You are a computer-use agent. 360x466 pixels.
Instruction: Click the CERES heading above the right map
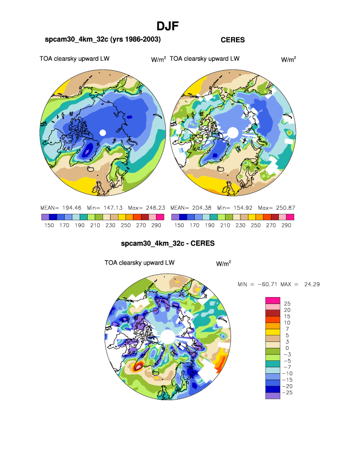tap(233, 39)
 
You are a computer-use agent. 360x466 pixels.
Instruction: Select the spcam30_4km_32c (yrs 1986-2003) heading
tap(103, 39)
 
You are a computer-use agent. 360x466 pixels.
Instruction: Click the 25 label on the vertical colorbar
tap(287, 304)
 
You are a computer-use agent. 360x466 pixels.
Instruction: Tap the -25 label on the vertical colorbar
tap(287, 393)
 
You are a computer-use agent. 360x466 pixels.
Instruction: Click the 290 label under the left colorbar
tap(156, 225)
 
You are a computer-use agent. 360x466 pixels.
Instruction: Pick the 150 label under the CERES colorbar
tap(178, 225)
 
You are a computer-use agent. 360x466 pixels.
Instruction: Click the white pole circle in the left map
tap(103, 132)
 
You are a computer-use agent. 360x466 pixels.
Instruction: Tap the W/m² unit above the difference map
tap(224, 263)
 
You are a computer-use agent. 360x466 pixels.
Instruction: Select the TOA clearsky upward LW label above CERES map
tap(205, 59)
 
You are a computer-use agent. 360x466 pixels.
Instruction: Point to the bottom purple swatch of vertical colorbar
tap(272, 396)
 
